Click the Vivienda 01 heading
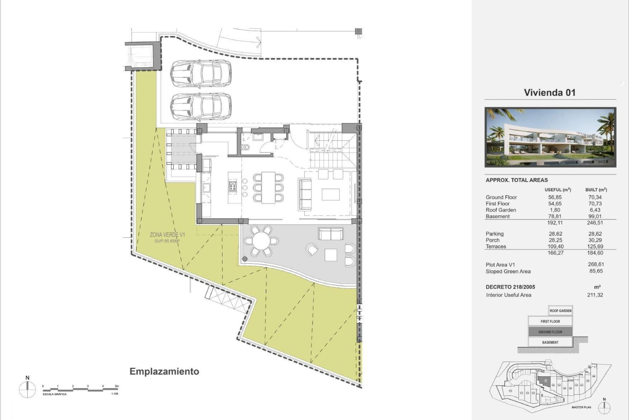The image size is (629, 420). [549, 93]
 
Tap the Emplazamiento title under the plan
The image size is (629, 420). [164, 371]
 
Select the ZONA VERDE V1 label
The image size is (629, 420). [167, 235]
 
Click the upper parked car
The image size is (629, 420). [200, 74]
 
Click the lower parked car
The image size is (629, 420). [200, 107]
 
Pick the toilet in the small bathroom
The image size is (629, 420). [245, 147]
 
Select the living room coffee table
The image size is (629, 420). [331, 194]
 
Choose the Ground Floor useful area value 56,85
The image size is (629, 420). [555, 197]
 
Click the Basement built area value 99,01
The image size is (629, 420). [595, 216]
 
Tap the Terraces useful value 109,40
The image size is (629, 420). [555, 246]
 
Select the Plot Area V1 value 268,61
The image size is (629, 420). [596, 264]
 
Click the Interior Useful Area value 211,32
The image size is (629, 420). [595, 295]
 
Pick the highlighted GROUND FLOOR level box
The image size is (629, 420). [550, 332]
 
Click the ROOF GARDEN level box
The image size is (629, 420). [560, 311]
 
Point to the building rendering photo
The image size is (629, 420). [550, 137]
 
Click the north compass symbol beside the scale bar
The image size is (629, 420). [28, 390]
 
